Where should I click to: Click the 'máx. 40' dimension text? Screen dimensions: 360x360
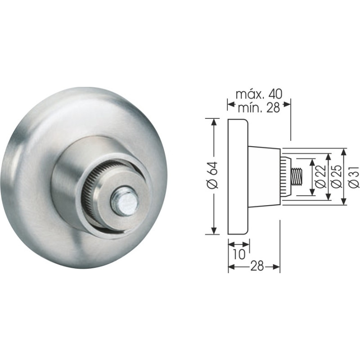258,94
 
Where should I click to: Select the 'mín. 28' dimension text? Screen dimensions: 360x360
258,107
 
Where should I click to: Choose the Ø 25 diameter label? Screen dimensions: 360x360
336,177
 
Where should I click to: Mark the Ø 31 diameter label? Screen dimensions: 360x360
352,177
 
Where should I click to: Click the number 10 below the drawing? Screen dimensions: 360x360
238,253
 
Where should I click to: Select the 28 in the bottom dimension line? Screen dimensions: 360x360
256,266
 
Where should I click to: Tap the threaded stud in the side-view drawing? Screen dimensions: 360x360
297,176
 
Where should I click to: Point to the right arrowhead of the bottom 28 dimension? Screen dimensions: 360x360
277,267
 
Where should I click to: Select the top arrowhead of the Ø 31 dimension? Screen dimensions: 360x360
344,151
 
